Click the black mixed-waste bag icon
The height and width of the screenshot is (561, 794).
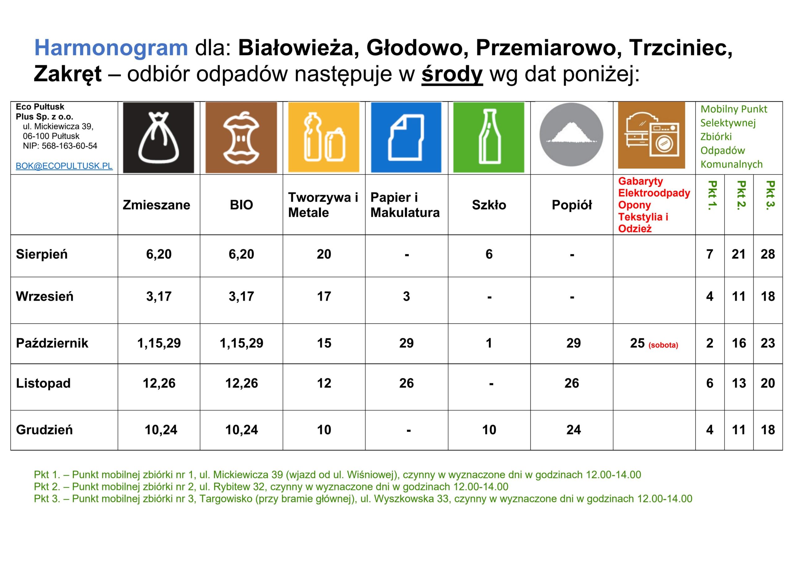coord(158,138)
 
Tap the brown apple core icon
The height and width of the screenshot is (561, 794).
coord(241,138)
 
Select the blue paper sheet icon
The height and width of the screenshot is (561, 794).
coord(406,138)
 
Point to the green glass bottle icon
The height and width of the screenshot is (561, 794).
coord(488,138)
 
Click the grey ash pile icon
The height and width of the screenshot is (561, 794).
coord(571,135)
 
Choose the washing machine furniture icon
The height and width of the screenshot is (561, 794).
coord(652,135)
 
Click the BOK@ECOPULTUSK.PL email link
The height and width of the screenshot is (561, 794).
coord(64,166)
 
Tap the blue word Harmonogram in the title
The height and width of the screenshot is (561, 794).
coord(111,47)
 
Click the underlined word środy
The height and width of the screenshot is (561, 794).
coord(452,74)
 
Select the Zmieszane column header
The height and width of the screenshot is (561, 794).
coord(156,205)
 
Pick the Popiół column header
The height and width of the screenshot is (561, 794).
coord(572,205)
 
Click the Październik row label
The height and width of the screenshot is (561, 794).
coord(52,343)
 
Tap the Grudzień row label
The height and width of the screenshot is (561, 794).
coord(44,430)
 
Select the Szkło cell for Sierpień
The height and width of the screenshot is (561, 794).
coord(489,254)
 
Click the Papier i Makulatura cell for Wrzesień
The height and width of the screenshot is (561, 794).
coord(406,296)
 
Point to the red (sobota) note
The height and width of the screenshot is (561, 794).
coord(663,345)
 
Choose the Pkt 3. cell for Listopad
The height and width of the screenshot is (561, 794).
coord(768,383)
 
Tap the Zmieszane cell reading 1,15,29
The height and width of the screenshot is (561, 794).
coord(159,343)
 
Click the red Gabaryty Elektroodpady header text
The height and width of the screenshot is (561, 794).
coord(654,187)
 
